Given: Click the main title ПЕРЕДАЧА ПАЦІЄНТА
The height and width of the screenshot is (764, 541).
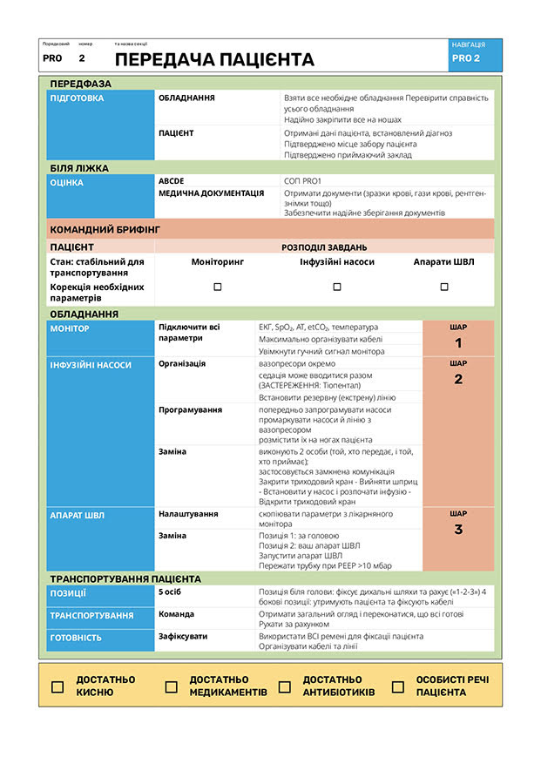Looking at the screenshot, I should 214,59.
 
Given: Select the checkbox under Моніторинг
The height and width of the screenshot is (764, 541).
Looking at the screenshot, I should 218,287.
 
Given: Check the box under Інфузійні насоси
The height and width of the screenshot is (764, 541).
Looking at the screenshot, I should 337,287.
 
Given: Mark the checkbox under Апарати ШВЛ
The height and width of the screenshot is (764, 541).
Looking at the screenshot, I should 444,287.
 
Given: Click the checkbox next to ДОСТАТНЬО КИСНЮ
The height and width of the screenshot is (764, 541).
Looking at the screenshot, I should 57,686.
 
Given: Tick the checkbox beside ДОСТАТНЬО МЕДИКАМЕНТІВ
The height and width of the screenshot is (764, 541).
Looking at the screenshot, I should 172,686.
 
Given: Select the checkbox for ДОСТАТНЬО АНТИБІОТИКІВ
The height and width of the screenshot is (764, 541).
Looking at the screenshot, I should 284,686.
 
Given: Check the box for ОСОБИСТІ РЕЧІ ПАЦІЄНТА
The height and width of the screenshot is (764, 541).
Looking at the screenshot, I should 398,686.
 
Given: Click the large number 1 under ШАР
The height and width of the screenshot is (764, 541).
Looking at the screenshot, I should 458,343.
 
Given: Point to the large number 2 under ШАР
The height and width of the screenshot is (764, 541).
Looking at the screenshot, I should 458,379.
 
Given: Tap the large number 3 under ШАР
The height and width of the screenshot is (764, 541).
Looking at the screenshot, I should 458,530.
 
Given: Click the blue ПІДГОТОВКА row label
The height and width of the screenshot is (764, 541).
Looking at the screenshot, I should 78,98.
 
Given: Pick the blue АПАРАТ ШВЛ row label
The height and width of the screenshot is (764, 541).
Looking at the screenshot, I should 78,516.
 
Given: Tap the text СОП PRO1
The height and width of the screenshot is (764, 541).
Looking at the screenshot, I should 302,180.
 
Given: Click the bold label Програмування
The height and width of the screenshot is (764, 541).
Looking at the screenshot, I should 190,409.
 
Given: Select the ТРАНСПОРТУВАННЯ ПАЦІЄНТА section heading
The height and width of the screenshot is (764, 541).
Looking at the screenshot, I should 125,578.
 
